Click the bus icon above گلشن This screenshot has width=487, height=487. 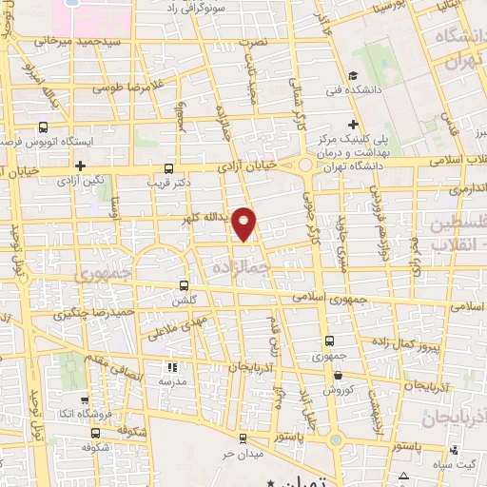184,284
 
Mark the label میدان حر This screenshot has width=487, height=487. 242,453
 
